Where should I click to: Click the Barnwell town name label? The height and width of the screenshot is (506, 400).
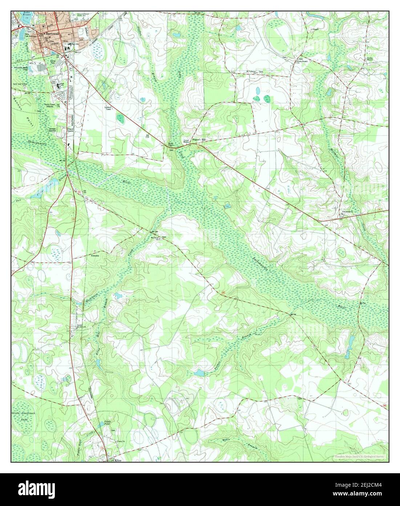pos(50,33)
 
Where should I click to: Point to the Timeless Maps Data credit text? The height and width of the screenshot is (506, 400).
pos(360,456)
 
